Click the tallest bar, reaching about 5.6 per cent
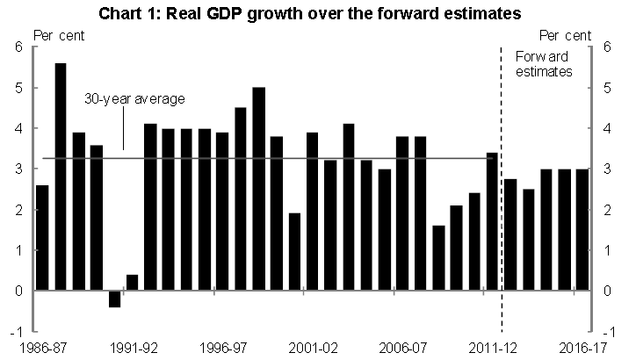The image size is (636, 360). point(61,176)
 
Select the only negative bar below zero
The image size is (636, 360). point(114,299)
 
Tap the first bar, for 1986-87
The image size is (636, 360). point(42,237)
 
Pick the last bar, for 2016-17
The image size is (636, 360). point(582,229)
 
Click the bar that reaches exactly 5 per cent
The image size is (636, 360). point(258,189)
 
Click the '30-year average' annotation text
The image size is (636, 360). point(134,99)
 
